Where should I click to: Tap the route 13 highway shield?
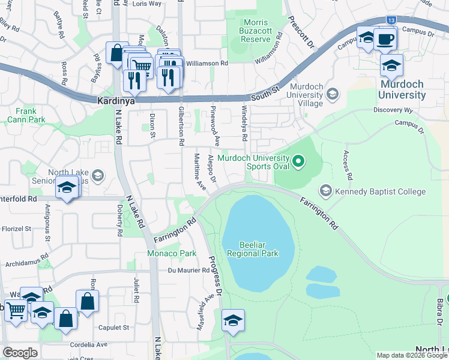[391, 20]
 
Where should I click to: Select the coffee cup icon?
[385, 40]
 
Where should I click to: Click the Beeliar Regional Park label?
[253, 249]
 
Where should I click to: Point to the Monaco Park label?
[172, 254]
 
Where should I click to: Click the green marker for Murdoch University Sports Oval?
[299, 161]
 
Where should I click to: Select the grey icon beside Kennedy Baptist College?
[325, 191]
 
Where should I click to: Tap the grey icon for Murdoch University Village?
[332, 94]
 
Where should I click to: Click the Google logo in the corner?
[20, 353]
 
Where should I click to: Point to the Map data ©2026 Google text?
[411, 355]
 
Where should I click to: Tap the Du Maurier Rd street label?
[188, 270]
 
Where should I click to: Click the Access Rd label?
[346, 166]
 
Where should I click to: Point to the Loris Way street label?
[147, 4]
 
